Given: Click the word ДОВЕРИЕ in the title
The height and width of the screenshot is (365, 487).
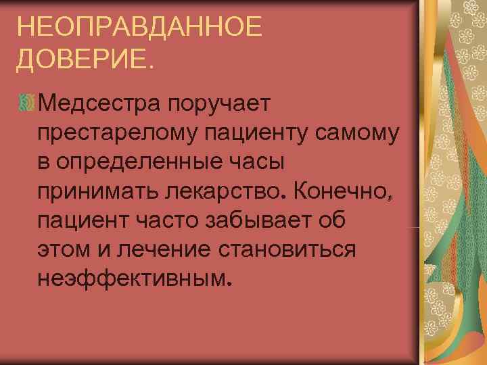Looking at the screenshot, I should (x=84, y=62).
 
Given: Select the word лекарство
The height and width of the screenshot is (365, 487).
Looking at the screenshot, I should (x=229, y=192).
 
